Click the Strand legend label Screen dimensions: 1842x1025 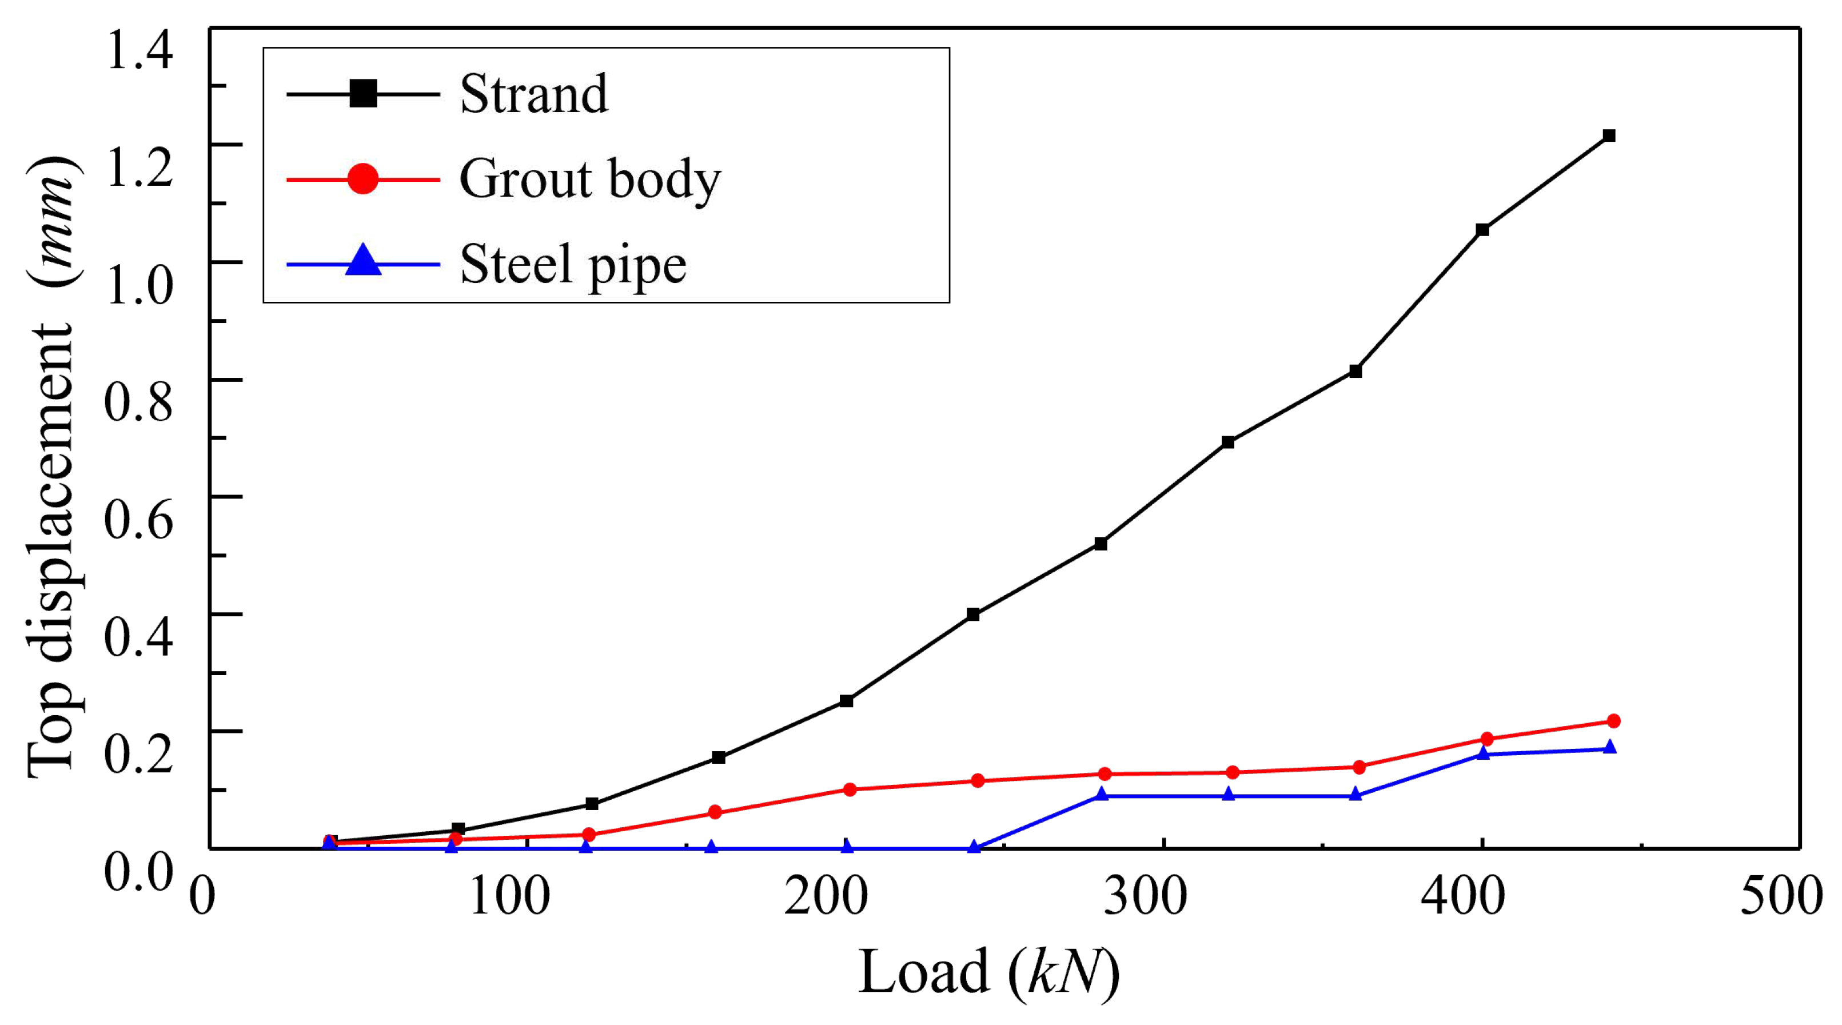533,94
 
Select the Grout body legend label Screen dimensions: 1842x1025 590,179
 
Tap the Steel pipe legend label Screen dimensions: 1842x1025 573,265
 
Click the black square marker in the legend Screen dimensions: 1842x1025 363,94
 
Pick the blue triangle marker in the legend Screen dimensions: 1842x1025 363,260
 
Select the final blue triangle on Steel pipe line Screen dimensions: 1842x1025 1609,748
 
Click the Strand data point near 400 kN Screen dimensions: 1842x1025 1482,229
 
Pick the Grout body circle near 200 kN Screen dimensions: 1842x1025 850,789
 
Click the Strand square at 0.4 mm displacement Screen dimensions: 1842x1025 972,614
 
